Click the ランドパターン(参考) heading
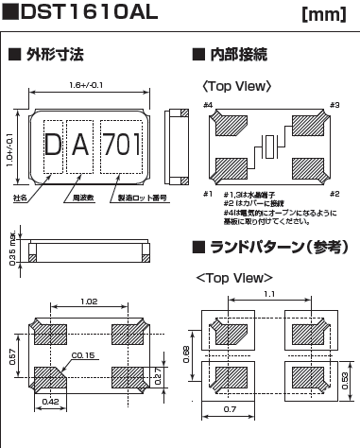tap(266, 249)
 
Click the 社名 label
tap(20, 199)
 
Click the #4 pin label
tap(209, 104)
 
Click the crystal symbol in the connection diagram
tap(271, 146)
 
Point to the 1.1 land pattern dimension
tap(270, 295)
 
